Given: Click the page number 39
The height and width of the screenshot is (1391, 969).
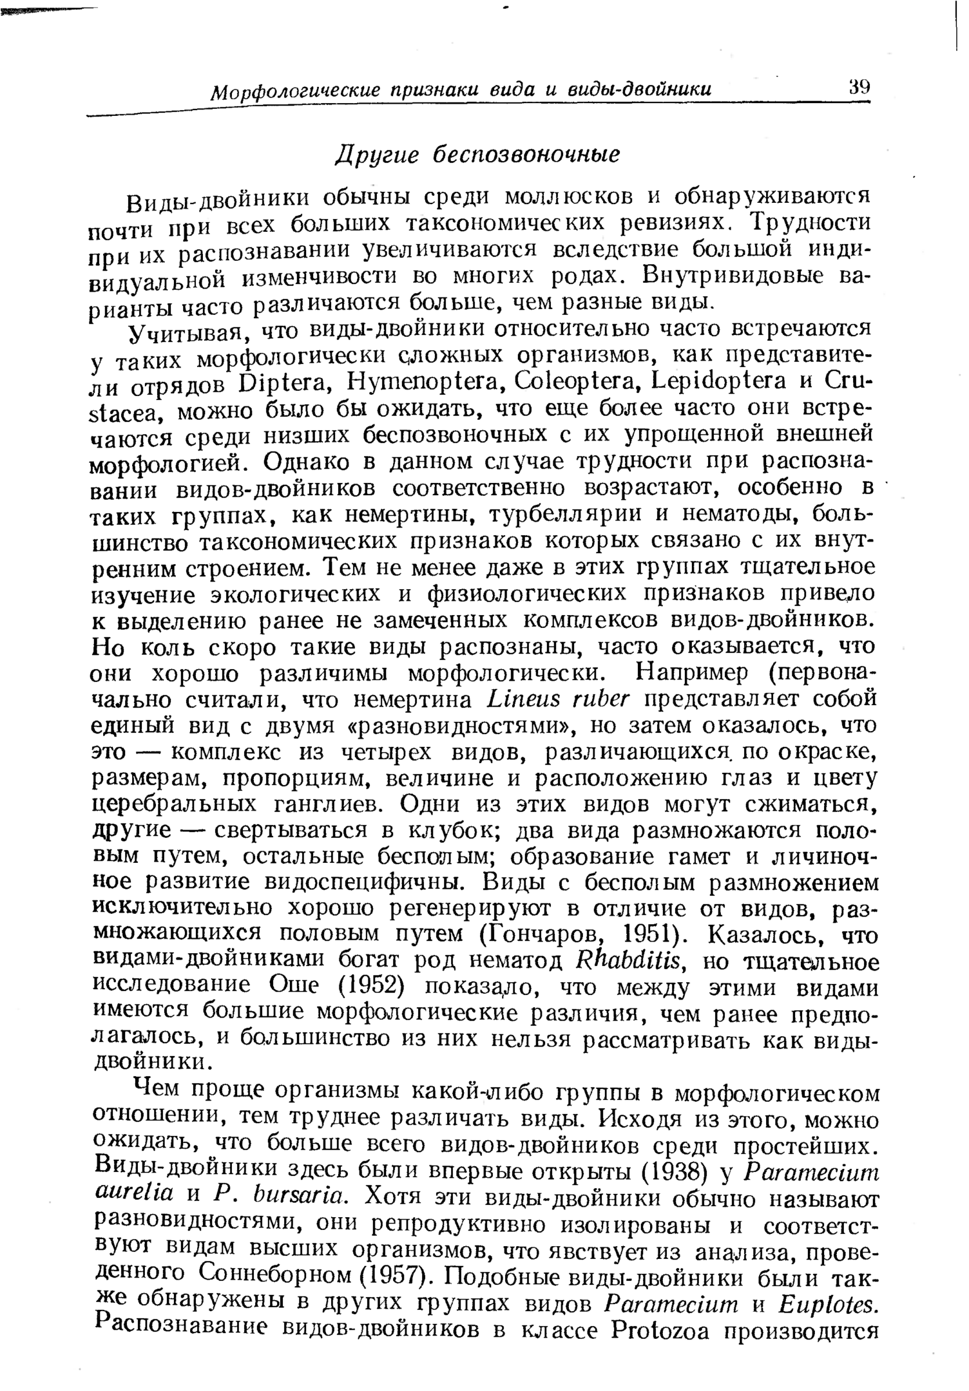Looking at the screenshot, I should tap(859, 87).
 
